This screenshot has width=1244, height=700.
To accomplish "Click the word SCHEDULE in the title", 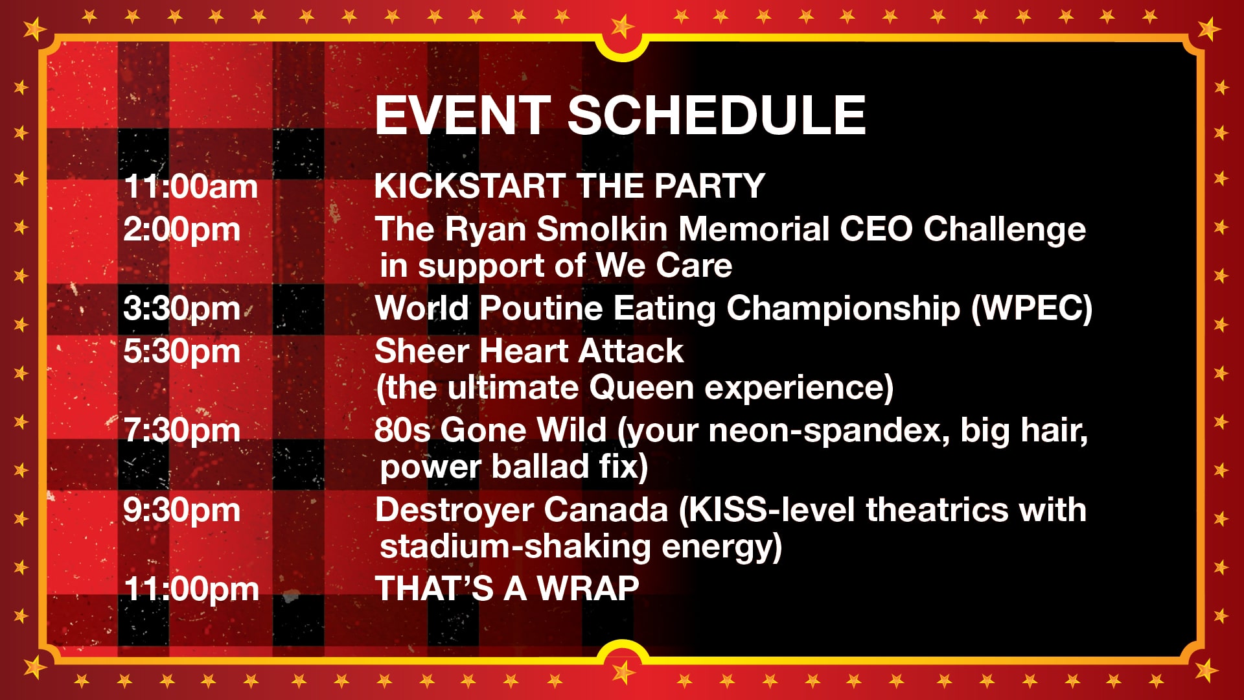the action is click(x=717, y=115).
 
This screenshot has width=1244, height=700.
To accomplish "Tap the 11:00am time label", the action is click(x=191, y=187).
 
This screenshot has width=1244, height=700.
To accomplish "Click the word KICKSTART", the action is click(x=469, y=186).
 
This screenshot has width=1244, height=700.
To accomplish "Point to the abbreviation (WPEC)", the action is click(x=1031, y=309).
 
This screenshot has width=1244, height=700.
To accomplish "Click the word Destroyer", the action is click(x=522, y=510).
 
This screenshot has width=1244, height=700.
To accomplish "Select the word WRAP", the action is click(x=588, y=589).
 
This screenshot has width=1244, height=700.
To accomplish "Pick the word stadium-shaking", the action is click(x=515, y=547).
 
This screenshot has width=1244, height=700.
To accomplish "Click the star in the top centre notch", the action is click(x=622, y=26).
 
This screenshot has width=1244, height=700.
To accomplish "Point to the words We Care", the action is click(x=664, y=266).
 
